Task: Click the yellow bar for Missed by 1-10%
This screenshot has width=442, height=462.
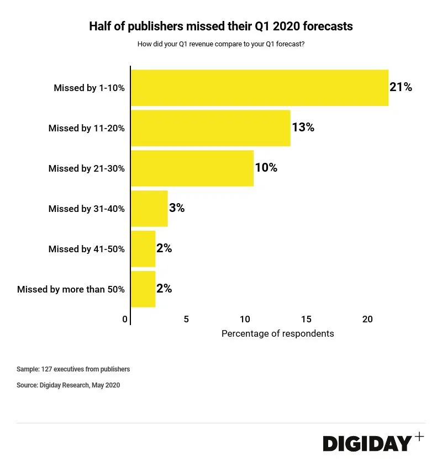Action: point(260,88)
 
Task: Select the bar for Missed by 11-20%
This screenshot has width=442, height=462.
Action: point(211,128)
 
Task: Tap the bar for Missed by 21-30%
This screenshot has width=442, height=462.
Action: point(192,168)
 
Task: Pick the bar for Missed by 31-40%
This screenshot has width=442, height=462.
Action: point(149,209)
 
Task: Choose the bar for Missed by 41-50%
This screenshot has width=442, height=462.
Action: point(143,249)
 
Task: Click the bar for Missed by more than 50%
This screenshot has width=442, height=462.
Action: point(143,289)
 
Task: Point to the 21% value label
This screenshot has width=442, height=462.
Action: point(401,87)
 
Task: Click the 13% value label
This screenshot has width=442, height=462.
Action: point(303,128)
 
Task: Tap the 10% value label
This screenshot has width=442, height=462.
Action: point(266,168)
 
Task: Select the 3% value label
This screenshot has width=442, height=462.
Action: point(177,208)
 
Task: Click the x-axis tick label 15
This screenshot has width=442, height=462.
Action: point(306,319)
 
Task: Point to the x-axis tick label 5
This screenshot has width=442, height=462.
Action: point(186,319)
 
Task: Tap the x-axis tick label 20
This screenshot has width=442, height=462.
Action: point(367,319)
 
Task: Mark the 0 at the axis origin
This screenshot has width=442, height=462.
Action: point(125,319)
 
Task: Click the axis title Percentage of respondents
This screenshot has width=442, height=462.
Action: point(277,334)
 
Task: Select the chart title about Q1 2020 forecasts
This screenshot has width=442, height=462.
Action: point(221,26)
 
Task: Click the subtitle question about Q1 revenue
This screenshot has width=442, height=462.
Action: point(221,44)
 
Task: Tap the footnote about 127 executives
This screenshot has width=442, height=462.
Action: point(73,369)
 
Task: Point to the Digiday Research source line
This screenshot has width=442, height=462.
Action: point(68,385)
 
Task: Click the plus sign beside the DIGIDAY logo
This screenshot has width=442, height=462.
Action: point(419,437)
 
